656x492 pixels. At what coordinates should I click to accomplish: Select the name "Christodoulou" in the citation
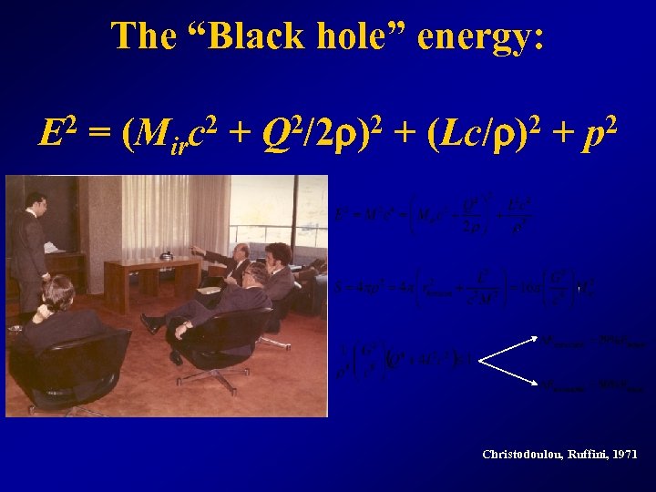(521, 454)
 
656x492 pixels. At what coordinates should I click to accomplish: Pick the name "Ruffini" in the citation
(585, 454)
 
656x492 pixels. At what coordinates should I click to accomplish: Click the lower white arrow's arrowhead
(537, 384)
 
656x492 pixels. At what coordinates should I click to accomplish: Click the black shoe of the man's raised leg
(151, 323)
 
